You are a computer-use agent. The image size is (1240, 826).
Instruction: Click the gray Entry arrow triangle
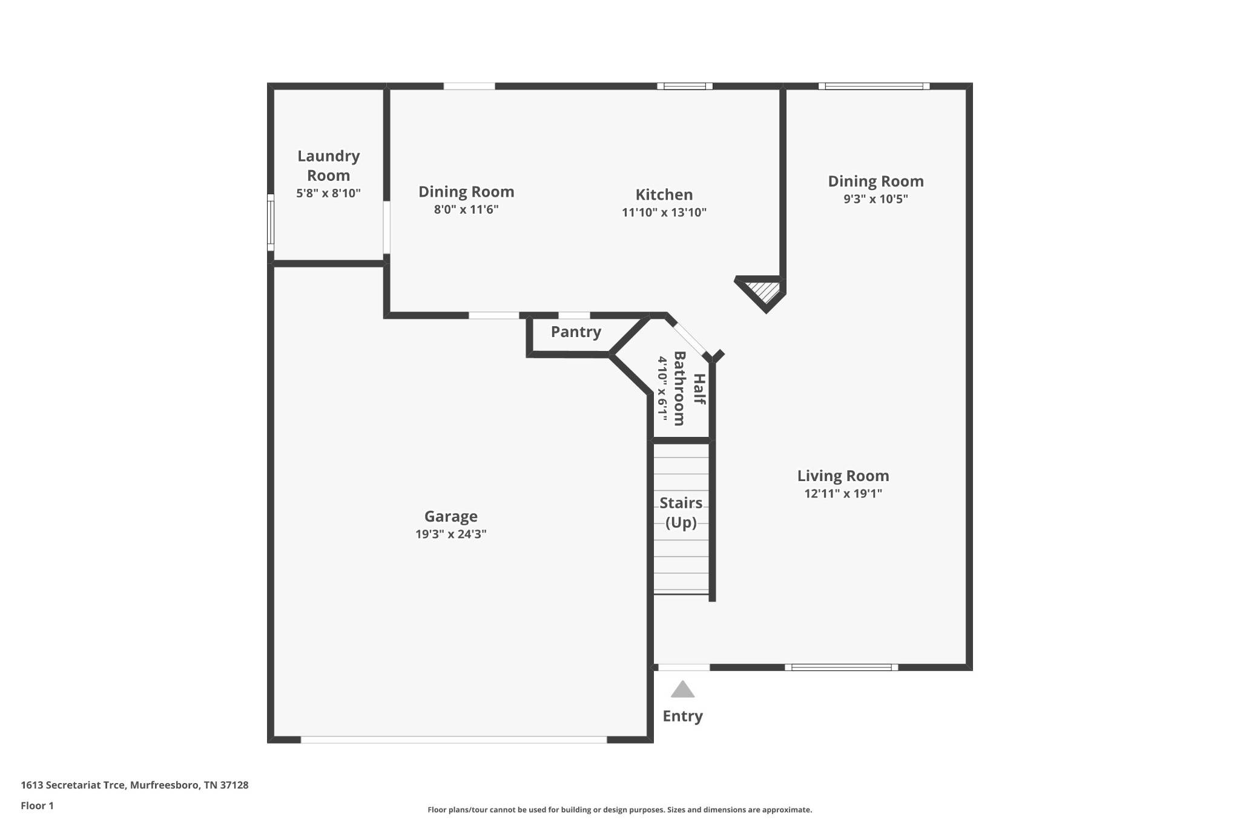coord(682,689)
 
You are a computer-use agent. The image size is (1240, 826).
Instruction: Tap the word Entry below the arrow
coord(682,716)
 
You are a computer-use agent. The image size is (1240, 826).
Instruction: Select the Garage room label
coord(450,516)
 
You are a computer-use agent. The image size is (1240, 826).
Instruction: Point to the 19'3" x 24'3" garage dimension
coord(450,534)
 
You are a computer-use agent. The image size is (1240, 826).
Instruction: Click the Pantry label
coord(576,332)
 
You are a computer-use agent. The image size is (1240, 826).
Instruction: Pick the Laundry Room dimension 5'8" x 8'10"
coord(328,194)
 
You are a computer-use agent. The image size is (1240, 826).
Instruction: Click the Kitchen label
coord(664,195)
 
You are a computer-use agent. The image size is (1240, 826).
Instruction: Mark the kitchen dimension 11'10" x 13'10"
coord(664,212)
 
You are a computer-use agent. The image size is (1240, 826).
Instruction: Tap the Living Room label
coord(843,476)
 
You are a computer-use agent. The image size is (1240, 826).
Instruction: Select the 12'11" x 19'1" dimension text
coord(843,494)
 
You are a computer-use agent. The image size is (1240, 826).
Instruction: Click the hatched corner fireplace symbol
coord(764,292)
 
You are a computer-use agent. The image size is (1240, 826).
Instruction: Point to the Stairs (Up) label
coord(681,513)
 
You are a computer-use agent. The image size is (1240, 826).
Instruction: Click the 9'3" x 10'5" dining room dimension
coord(876,199)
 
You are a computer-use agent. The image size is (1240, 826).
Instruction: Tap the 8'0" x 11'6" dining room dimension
coord(466,210)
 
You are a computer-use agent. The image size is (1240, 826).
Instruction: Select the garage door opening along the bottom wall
coord(453,739)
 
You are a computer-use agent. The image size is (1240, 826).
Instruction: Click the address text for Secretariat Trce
coord(134,785)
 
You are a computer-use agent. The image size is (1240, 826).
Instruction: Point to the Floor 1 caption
coord(37,805)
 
